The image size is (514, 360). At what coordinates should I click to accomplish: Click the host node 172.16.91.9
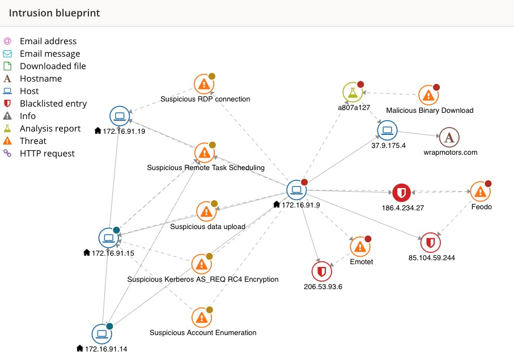tap(296, 190)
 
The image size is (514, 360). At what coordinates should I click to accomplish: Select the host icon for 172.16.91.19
tap(120, 116)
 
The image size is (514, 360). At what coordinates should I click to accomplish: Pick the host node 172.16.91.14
tap(101, 333)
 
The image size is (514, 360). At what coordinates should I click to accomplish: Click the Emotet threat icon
tap(359, 247)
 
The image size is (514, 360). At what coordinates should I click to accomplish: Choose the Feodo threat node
tap(481, 192)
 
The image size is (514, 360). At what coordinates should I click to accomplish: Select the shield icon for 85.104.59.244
tap(430, 243)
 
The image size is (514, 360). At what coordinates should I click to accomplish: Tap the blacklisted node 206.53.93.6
tap(322, 272)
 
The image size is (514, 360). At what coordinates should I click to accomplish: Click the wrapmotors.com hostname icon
tap(449, 137)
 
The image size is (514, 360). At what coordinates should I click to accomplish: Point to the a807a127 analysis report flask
tap(352, 92)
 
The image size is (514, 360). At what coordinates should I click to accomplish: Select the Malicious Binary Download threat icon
tap(428, 95)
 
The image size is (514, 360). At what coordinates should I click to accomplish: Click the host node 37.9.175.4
tap(388, 130)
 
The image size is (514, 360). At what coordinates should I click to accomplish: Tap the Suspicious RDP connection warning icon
tap(203, 84)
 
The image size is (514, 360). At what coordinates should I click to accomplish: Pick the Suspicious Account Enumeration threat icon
tap(201, 318)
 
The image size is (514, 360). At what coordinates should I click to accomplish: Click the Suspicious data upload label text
tap(207, 227)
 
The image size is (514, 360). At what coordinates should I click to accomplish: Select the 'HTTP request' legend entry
tap(47, 153)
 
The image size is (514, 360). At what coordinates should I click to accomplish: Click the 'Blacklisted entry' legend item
tap(53, 103)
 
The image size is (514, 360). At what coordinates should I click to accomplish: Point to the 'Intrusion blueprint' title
tap(54, 12)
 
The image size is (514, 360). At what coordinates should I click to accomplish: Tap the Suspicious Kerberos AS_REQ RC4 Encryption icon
tap(201, 264)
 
